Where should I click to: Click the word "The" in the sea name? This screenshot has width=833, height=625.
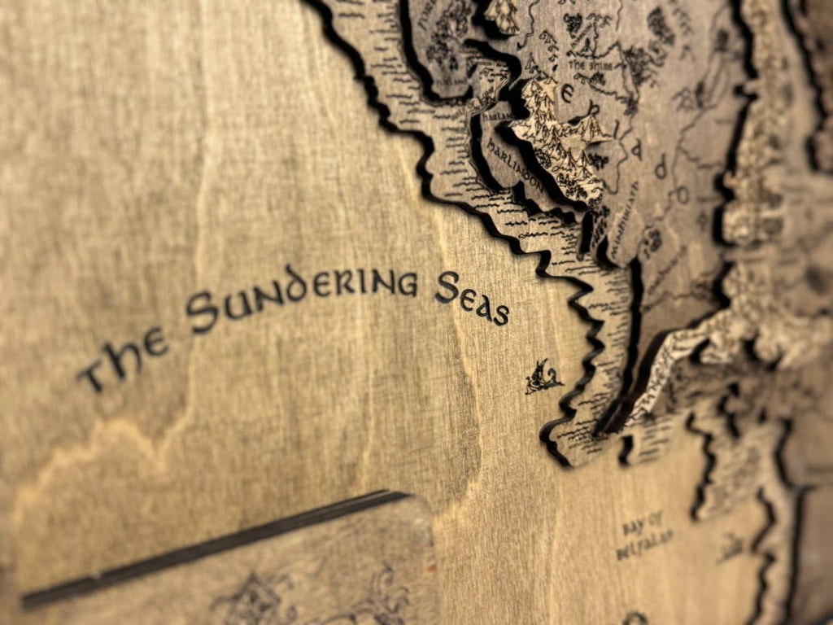(122, 358)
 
